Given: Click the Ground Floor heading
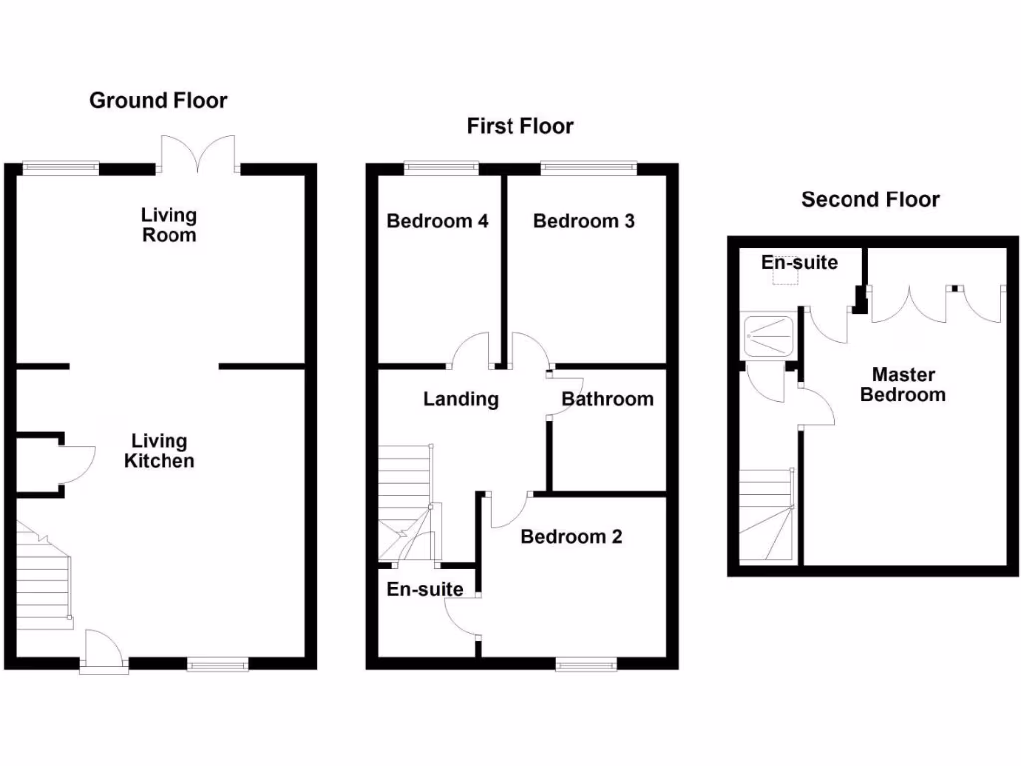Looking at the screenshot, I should coord(158,100).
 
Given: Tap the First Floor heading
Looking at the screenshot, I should coord(519,126).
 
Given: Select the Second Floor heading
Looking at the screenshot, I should coord(869,199).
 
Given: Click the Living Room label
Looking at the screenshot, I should coord(169,225).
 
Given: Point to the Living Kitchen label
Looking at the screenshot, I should coord(159,451).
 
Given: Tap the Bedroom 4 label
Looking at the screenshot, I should coord(437,221).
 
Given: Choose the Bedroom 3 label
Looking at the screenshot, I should coord(583,221).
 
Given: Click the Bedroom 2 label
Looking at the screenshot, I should coord(571,537).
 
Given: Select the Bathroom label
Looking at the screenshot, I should coord(607,399).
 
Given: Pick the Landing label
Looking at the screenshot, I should coord(460,399).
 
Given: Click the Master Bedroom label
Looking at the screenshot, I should coord(903,385).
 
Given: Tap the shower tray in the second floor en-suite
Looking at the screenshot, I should coord(769,335).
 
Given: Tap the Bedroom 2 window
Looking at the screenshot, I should coord(586,664).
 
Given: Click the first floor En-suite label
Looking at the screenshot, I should coord(424,589).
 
